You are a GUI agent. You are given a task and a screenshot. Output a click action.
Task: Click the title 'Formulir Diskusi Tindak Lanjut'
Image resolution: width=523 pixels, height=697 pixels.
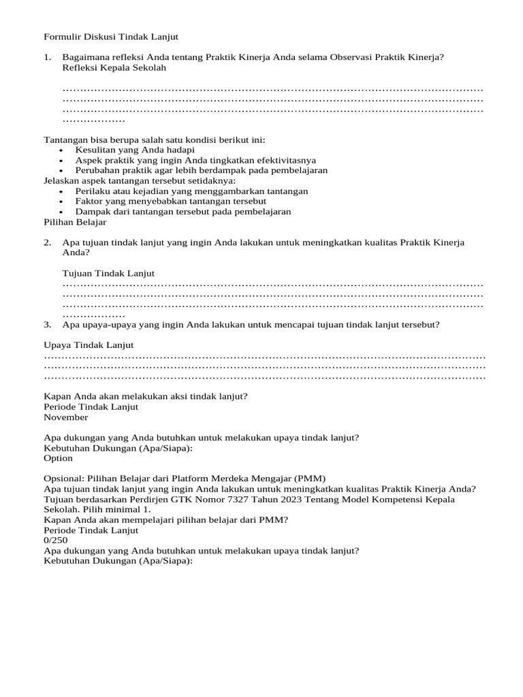click(110, 37)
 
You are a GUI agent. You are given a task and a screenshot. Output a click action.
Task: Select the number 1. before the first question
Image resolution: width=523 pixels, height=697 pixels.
click(48, 58)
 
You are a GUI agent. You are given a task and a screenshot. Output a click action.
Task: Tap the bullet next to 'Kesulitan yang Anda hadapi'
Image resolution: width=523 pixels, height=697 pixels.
click(61, 150)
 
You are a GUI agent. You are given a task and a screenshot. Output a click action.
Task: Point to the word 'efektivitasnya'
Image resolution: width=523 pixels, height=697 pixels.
click(285, 160)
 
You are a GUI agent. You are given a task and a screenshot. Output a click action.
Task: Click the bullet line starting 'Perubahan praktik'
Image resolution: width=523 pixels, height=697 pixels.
click(202, 170)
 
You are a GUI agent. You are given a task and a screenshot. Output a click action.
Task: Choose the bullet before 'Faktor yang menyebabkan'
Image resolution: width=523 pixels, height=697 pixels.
click(61, 201)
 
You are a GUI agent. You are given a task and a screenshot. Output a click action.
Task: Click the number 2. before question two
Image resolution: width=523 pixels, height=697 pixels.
click(48, 242)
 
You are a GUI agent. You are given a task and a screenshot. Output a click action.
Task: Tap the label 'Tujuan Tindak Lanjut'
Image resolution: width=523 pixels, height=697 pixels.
click(108, 273)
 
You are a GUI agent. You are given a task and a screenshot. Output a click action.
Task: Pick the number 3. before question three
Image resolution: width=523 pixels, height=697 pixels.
click(48, 325)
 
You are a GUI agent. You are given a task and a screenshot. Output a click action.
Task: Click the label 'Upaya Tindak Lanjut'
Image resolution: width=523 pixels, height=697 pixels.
click(89, 345)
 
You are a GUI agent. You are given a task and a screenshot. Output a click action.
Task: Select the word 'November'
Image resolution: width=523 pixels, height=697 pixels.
click(65, 417)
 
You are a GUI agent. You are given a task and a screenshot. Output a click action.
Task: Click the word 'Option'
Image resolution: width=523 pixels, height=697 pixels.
click(58, 458)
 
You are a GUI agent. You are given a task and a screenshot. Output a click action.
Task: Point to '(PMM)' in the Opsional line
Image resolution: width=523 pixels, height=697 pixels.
click(311, 479)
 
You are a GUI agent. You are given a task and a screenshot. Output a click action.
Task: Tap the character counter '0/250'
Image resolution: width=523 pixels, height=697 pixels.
click(55, 540)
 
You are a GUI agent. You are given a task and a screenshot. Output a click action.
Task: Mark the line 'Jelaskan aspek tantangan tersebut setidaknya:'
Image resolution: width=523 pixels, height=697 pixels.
click(140, 180)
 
